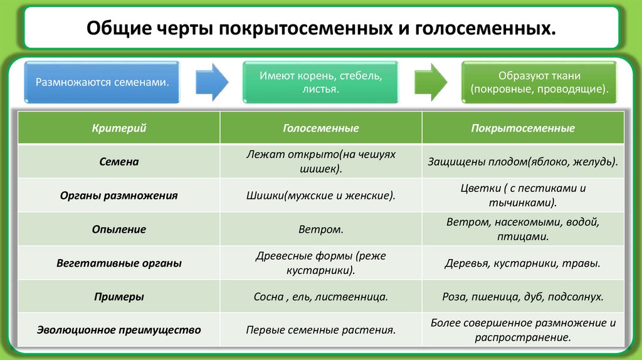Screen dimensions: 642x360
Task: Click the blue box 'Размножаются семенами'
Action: pos(102,82)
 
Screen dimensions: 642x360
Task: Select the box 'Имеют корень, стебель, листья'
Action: pos(320,82)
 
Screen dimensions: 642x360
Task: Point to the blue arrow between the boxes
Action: pos(211,82)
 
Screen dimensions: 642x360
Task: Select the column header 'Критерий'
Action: pos(119,128)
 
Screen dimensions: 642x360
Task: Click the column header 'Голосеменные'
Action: pos(320,128)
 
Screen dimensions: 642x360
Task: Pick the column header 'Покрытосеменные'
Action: pos(523,128)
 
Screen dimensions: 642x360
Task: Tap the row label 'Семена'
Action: pos(119,162)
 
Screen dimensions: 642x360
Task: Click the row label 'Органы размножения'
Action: pos(119,196)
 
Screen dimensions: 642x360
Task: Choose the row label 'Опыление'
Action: pos(119,230)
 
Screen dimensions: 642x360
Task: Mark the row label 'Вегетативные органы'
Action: pos(119,263)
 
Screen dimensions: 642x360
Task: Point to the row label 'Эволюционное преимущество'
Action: pos(119,330)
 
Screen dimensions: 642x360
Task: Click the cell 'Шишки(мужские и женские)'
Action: pos(320,196)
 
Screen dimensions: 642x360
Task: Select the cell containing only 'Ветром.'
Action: pos(320,230)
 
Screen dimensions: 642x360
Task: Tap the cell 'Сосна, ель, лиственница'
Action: pos(320,297)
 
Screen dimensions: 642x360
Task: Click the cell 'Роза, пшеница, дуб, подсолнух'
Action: pos(523,297)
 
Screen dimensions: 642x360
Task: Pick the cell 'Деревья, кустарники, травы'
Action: pos(523,263)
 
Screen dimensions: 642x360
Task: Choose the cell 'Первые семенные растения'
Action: pos(320,330)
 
